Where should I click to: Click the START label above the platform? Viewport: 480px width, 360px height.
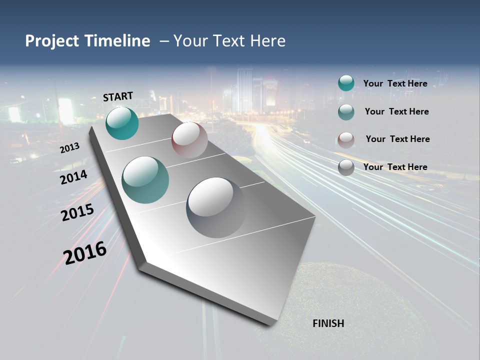point(118,96)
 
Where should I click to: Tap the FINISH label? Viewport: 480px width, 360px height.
point(328,323)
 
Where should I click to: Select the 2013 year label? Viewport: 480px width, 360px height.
point(69,147)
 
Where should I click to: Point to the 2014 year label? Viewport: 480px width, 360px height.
point(73,177)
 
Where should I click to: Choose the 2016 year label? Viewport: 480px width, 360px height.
point(85,252)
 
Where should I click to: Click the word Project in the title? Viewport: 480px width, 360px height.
point(52,41)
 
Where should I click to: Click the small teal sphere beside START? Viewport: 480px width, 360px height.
point(122,123)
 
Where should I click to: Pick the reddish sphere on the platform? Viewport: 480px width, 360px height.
point(189,139)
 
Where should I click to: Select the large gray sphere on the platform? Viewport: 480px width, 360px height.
point(216,206)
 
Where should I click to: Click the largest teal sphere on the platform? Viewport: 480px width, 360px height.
point(145,180)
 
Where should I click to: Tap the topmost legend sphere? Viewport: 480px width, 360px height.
point(346,83)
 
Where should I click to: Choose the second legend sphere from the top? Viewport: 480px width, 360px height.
point(346,112)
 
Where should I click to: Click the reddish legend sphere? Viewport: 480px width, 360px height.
point(346,140)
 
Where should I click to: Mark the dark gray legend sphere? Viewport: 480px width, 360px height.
point(346,167)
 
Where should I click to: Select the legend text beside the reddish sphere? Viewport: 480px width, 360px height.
point(397,139)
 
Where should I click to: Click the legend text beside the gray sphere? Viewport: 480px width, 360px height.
point(395,167)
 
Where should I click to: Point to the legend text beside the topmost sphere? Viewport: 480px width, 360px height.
point(395,83)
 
